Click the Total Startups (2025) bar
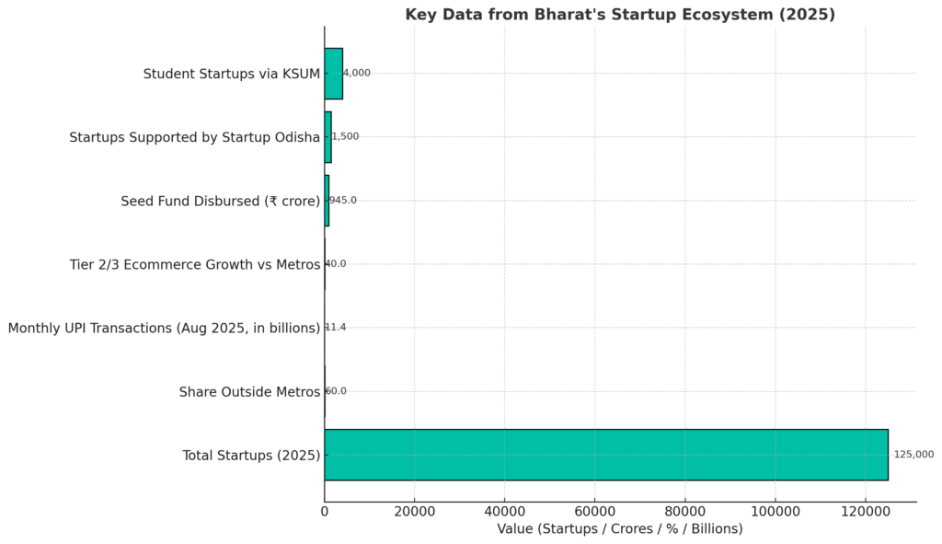(605, 455)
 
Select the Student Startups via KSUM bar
(333, 74)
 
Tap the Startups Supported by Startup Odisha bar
(327, 137)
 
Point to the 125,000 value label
(913, 455)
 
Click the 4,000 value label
(357, 73)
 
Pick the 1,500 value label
(346, 136)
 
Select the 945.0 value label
(343, 200)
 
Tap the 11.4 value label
(336, 328)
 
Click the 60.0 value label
(337, 391)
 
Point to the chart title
(620, 15)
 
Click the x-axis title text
(619, 529)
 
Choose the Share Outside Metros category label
(249, 392)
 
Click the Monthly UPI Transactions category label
(164, 328)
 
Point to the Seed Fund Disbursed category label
(220, 201)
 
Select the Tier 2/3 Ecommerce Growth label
(195, 264)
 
